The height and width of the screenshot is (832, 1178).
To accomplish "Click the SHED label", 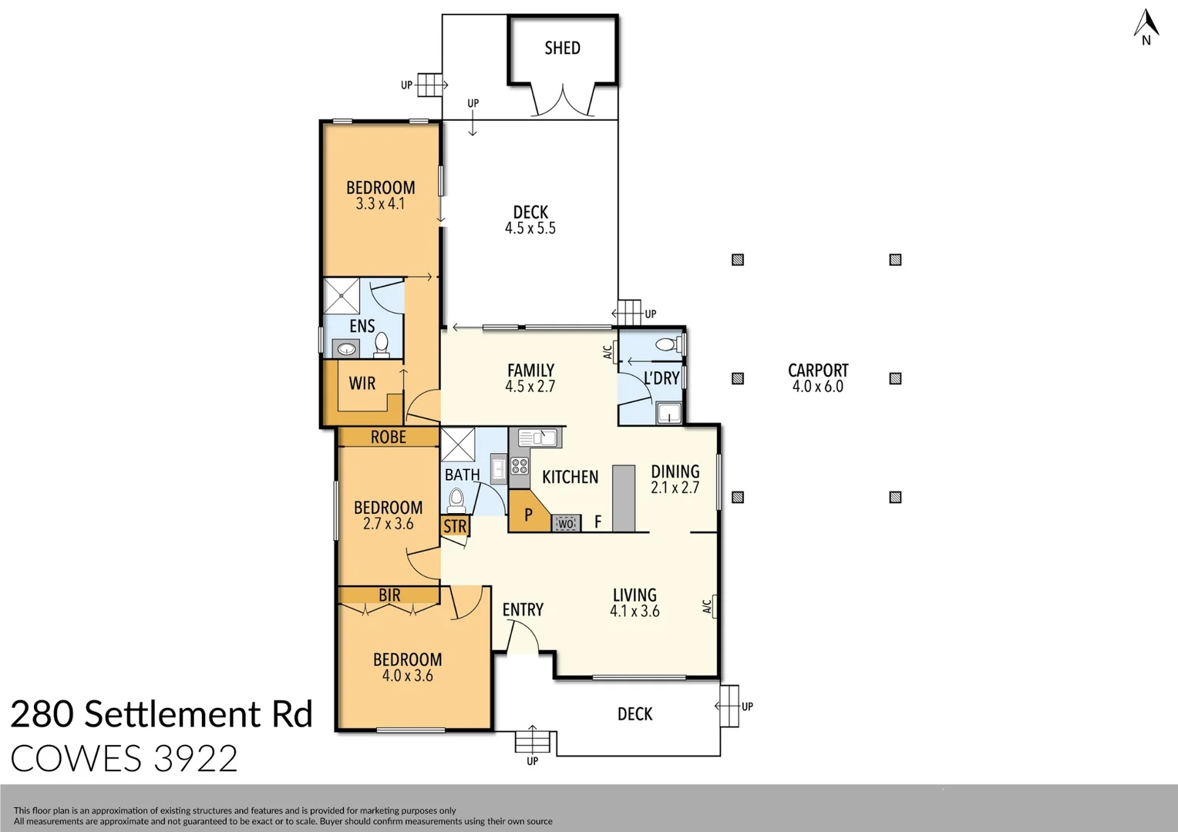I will tap(562, 49).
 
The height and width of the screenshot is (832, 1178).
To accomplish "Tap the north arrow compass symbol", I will tap(1146, 26).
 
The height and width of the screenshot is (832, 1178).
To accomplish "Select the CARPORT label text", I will tap(818, 371).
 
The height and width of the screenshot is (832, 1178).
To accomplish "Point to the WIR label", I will tap(362, 384).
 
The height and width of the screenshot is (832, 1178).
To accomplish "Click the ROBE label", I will tap(388, 438).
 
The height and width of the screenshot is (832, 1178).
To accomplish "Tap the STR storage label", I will tap(455, 526).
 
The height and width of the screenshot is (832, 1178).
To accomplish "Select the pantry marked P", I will tap(528, 515).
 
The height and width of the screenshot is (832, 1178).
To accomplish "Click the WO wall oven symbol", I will tap(566, 524).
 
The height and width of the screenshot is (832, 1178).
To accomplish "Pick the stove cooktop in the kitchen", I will tap(520, 466).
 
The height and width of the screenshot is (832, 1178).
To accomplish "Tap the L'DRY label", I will tap(661, 378).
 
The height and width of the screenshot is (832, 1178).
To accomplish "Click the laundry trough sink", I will tap(668, 414).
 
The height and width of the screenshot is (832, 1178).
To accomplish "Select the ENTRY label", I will tap(523, 610).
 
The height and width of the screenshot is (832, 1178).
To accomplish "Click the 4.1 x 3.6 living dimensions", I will tap(634, 612).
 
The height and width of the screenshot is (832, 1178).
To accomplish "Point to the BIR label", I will tap(389, 595).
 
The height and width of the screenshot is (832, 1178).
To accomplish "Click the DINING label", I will tap(675, 471).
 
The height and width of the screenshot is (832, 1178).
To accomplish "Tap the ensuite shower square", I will tap(342, 295).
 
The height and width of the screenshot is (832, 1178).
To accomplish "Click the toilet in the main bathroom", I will tap(456, 499).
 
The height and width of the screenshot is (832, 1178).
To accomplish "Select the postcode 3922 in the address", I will tap(195, 760).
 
